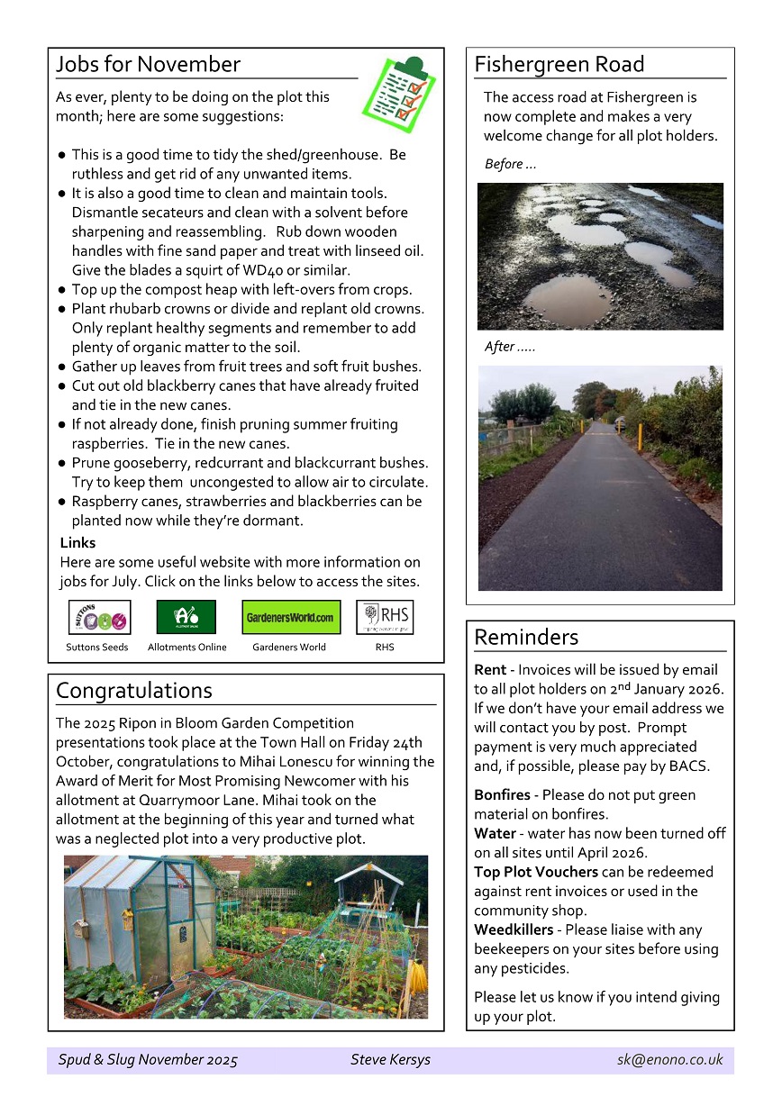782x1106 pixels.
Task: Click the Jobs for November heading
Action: [x=148, y=65]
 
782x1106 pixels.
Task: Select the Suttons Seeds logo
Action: [x=99, y=617]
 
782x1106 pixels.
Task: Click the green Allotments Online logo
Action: [x=186, y=617]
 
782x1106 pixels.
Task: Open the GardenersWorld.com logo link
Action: [x=291, y=617]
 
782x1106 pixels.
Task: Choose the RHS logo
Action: [x=385, y=617]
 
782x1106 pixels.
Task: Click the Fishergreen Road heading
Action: [x=559, y=65]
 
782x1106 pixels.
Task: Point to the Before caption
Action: [x=510, y=164]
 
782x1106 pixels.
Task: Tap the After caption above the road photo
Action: [x=510, y=347]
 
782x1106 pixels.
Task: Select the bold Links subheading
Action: [x=77, y=543]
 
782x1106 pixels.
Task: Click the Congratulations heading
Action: [x=134, y=691]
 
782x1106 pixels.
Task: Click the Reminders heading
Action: [x=526, y=638]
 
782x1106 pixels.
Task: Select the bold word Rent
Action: [x=490, y=670]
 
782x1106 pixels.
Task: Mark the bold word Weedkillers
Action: [x=514, y=930]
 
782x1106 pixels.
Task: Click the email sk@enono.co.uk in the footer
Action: [x=669, y=1060]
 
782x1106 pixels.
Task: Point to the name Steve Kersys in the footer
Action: [x=390, y=1060]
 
